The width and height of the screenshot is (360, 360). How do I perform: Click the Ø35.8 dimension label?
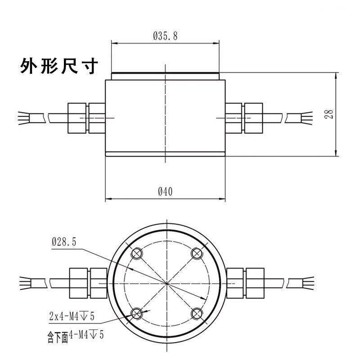coord(165,36)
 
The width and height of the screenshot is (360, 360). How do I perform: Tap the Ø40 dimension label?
coord(165,191)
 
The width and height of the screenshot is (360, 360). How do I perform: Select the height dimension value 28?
coord(330,114)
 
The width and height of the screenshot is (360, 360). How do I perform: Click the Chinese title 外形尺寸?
coord(58,67)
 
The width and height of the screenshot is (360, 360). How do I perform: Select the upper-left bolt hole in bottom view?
coord(137,254)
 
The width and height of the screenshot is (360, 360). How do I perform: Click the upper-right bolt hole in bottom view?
coord(197,254)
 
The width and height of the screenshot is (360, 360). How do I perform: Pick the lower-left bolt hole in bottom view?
coord(137,313)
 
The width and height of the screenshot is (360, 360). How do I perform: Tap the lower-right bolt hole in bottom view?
coord(197,313)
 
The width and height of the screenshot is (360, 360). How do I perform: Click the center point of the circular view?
coord(166,283)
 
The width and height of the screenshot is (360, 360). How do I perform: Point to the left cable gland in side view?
coord(86,118)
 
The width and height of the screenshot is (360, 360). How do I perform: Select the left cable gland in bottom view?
coord(87,283)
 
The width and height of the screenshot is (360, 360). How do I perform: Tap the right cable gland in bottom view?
coord(246,283)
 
